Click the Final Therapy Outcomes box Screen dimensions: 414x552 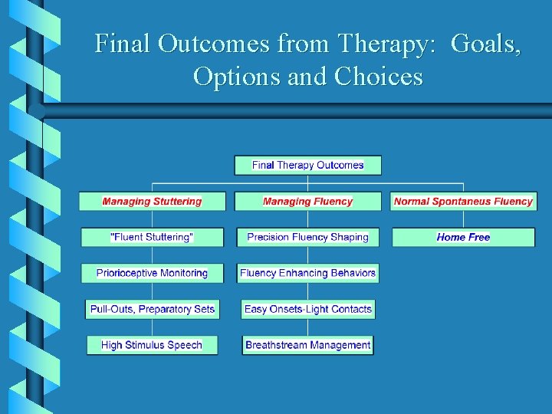(x=307, y=165)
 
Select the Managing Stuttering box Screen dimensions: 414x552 (x=152, y=202)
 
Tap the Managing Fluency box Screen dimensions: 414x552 (x=307, y=202)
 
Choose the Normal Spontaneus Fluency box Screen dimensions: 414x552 (x=463, y=202)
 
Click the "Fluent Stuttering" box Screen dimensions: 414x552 (x=152, y=238)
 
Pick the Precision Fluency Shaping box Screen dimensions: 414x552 (x=307, y=238)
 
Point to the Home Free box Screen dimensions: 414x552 (x=463, y=238)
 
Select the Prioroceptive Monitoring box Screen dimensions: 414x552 (x=152, y=273)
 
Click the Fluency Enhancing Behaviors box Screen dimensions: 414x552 (x=307, y=273)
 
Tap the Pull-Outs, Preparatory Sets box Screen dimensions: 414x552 (x=152, y=310)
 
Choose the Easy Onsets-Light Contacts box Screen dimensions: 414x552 (x=307, y=310)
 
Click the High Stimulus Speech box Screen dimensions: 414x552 (x=152, y=346)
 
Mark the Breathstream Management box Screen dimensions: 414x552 (x=307, y=346)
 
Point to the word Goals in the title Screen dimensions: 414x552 (x=486, y=44)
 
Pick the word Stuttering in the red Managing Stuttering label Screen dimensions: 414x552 (x=177, y=202)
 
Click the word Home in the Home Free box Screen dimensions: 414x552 (x=450, y=238)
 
